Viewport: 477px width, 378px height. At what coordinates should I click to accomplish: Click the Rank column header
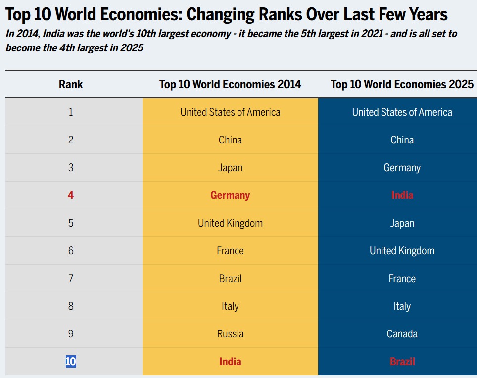71,84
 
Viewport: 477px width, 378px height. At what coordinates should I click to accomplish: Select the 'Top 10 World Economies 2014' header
230,84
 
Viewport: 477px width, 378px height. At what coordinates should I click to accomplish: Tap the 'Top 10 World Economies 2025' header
402,84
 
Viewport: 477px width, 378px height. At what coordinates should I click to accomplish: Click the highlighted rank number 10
71,362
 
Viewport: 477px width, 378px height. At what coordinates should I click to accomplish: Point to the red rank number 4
71,195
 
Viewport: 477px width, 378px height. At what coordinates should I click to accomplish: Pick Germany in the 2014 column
230,195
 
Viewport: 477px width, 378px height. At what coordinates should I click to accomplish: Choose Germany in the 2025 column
402,168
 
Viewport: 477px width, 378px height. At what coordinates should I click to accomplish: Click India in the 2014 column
230,362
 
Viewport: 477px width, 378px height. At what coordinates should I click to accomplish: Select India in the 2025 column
402,195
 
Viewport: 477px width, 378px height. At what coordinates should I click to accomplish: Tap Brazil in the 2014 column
230,279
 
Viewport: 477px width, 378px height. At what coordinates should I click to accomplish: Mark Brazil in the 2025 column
402,362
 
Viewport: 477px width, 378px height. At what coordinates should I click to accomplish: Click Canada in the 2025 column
402,334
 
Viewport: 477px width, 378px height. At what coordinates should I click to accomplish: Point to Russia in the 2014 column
230,334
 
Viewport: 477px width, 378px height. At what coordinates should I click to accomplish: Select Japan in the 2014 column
230,168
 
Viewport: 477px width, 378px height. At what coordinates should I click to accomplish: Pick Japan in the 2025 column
402,223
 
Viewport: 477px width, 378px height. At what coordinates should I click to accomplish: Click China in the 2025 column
402,140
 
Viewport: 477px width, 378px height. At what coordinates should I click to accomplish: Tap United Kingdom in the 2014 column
230,223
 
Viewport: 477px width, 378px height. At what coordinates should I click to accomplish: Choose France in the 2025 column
402,279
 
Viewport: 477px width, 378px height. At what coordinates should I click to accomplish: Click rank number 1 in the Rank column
71,112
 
